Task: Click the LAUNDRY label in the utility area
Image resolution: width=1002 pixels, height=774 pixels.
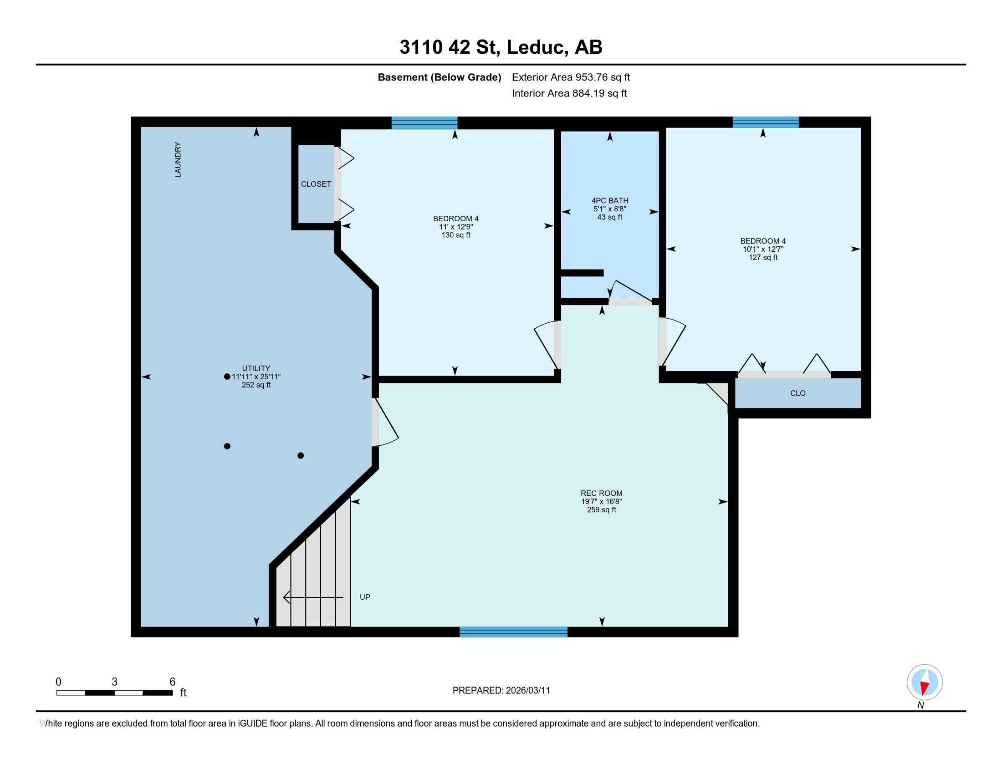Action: coord(178,159)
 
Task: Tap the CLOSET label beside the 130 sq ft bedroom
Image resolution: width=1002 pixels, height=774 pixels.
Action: coord(316,184)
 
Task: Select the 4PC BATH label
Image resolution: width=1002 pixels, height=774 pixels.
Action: coord(610,200)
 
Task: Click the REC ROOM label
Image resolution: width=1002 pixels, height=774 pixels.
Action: coord(602,494)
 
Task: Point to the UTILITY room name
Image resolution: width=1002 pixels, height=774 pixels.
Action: coord(256,368)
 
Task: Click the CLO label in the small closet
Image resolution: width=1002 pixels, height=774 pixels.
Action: coord(798,393)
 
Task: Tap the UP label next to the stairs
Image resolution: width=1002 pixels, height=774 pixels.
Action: coord(365,597)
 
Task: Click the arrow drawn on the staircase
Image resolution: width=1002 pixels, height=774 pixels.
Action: coord(313,597)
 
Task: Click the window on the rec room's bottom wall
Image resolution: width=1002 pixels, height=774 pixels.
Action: coord(513,632)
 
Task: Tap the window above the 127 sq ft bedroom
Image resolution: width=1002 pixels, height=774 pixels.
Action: coord(765,122)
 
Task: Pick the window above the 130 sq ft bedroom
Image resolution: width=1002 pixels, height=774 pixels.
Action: coord(424,123)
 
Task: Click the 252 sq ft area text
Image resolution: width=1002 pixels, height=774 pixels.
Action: coord(256,385)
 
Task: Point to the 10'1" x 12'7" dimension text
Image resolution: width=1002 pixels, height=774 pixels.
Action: coord(763,249)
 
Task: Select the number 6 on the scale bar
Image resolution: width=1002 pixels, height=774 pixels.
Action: coord(173,682)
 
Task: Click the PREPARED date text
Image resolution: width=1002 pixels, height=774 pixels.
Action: coord(501,691)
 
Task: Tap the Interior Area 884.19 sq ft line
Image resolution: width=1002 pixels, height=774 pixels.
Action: coord(569,93)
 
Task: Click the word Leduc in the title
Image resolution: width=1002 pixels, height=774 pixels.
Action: coord(536,47)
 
